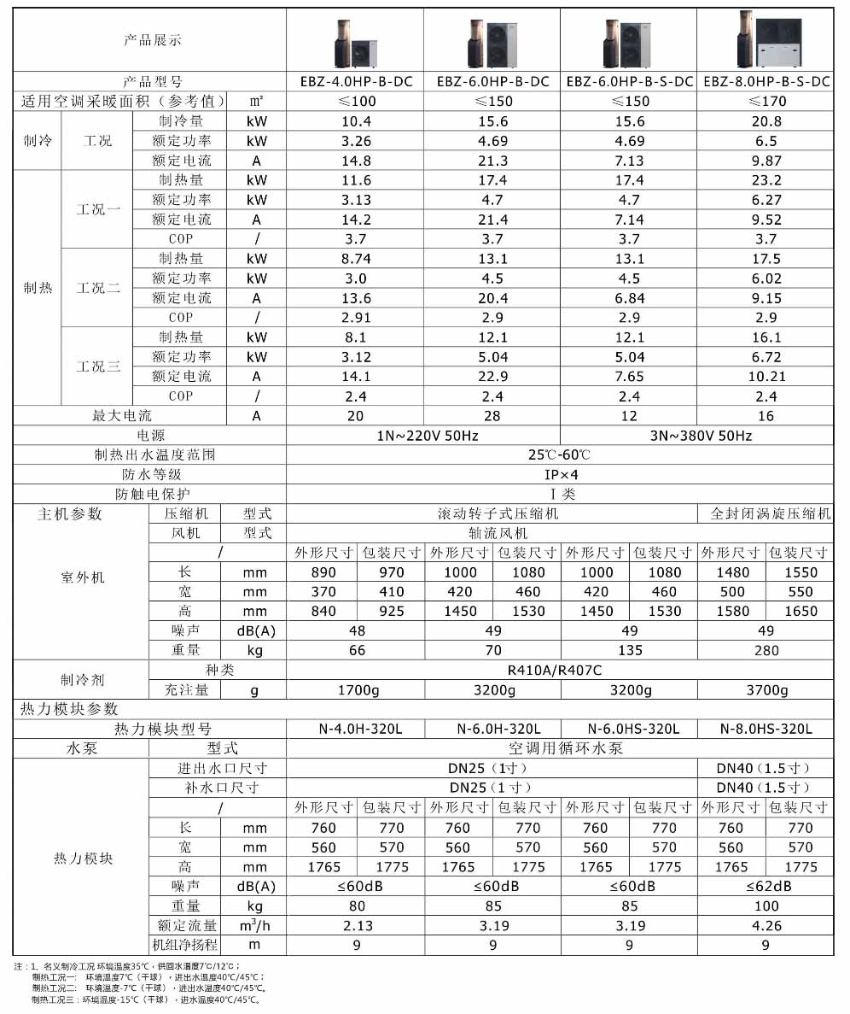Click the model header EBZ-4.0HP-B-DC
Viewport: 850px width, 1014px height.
(x=356, y=82)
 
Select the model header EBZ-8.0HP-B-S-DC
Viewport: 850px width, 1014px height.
(x=766, y=82)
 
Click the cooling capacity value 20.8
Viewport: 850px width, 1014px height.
(x=766, y=121)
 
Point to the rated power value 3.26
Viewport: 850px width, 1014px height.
(x=356, y=141)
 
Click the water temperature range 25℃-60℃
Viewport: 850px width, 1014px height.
(x=560, y=454)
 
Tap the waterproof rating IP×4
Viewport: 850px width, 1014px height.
(x=560, y=474)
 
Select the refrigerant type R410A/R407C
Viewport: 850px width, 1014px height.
(x=560, y=671)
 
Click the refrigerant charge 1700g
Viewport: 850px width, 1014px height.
(x=356, y=690)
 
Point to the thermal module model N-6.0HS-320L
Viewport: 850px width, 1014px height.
(x=629, y=729)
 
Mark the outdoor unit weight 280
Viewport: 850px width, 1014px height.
(x=766, y=650)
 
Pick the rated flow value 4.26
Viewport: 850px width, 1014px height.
(x=766, y=925)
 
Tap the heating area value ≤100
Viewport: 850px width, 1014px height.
(x=356, y=102)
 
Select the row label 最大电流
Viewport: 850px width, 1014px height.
(x=121, y=416)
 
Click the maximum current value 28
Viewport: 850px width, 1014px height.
(x=492, y=416)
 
